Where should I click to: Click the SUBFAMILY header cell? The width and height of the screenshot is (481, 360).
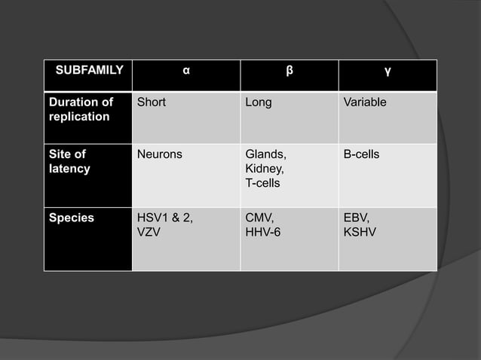[89, 72]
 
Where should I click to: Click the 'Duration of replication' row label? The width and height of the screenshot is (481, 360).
[81, 109]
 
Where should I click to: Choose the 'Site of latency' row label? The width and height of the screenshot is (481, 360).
[69, 161]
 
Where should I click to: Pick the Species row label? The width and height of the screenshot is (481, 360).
[72, 218]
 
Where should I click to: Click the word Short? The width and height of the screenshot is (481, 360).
[152, 102]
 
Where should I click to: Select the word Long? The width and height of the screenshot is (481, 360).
[259, 102]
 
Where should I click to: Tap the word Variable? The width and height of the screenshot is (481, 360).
[365, 102]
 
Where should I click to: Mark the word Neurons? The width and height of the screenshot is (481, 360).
[159, 154]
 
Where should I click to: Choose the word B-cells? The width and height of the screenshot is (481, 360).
[361, 154]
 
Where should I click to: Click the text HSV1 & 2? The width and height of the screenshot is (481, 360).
[164, 218]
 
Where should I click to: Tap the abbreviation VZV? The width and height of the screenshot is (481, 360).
[149, 232]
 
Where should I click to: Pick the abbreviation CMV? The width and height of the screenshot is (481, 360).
[259, 218]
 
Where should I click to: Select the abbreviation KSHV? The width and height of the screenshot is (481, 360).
[360, 232]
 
